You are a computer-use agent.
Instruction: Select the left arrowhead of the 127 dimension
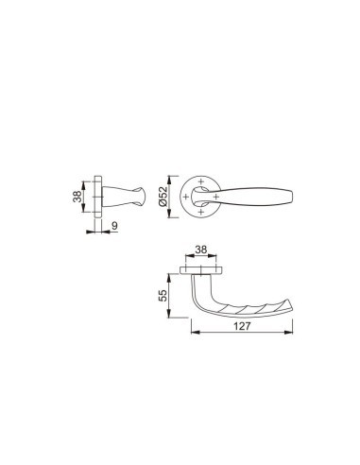[x=193, y=332]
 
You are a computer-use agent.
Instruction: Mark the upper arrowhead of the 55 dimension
[x=173, y=271]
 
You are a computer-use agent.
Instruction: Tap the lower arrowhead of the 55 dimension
[x=173, y=319]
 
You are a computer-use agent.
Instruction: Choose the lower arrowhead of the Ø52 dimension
[x=171, y=217]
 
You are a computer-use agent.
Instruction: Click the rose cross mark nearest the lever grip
[x=218, y=197]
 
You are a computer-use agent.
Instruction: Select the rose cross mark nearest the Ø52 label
[x=186, y=197]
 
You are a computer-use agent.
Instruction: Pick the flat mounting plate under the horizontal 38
[x=199, y=270]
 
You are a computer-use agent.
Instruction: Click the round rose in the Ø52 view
[x=197, y=210]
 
